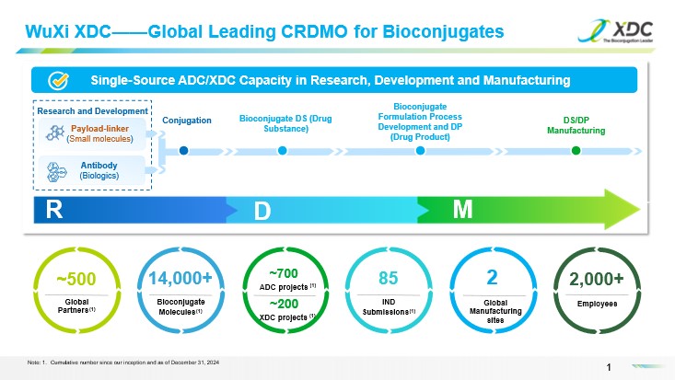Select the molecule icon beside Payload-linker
(54, 133)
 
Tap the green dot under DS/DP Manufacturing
(576, 151)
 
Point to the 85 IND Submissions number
(387, 277)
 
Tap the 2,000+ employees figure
(597, 279)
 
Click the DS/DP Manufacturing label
(576, 125)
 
